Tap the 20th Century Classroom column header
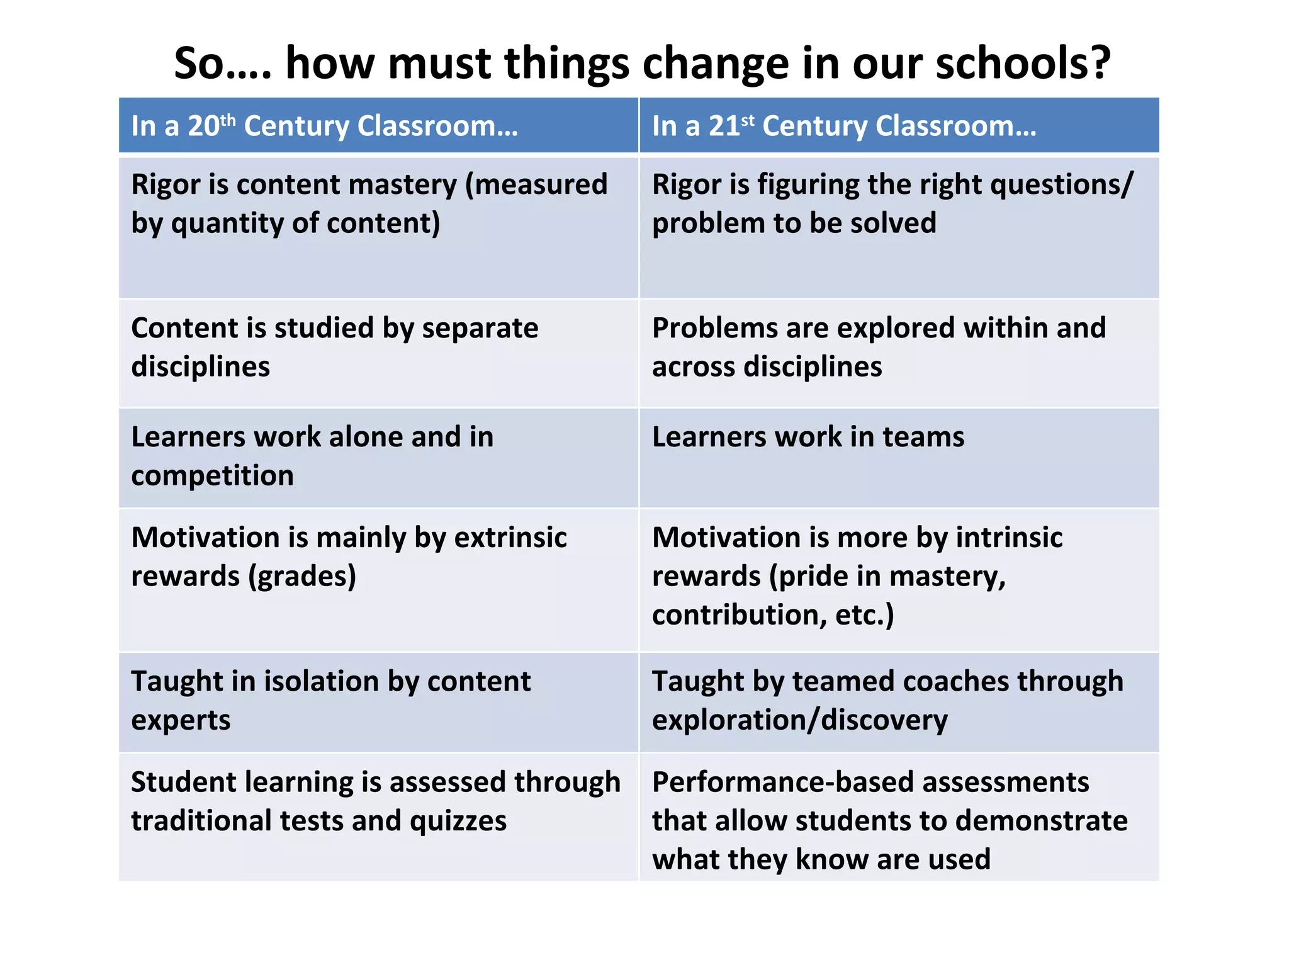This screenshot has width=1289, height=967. (x=324, y=126)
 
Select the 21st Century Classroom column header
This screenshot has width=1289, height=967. (x=843, y=126)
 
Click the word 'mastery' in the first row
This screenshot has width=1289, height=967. (x=402, y=185)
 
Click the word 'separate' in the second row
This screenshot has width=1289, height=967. (x=480, y=328)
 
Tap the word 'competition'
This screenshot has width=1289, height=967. (x=212, y=476)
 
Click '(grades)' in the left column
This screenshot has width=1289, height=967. (x=302, y=577)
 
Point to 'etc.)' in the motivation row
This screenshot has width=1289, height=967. (x=864, y=615)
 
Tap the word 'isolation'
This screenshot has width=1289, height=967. (x=321, y=682)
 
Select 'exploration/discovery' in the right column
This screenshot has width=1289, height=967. (x=799, y=720)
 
